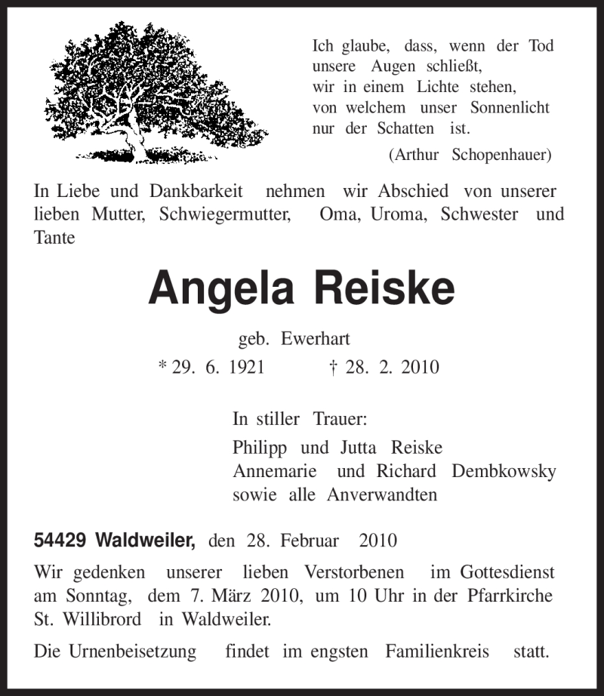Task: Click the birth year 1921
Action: pyautogui.click(x=239, y=368)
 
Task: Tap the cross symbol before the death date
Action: pyautogui.click(x=332, y=367)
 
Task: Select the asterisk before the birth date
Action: pyautogui.click(x=162, y=366)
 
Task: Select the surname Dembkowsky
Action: pyautogui.click(x=503, y=471)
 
